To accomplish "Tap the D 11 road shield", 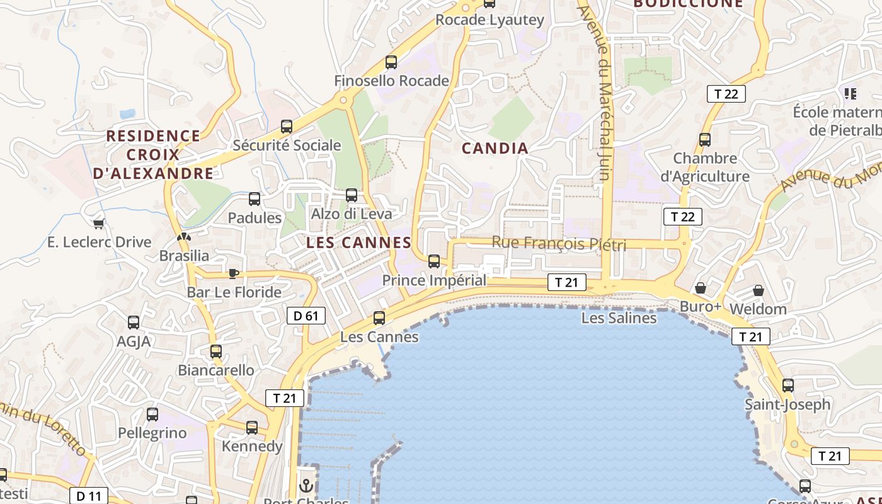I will (x=89, y=496).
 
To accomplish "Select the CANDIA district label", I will (x=495, y=148).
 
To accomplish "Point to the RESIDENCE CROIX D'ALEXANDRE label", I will (x=153, y=154).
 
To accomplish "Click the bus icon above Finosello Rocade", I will (x=391, y=62).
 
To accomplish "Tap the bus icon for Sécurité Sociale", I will (x=287, y=127).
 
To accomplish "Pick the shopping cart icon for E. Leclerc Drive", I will (x=98, y=224).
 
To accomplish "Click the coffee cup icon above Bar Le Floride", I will (x=234, y=273).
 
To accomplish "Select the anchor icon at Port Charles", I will (x=306, y=486).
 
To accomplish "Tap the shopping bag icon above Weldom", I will (x=759, y=290).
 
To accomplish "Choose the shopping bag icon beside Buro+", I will (x=700, y=289).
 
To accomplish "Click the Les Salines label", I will (x=619, y=318).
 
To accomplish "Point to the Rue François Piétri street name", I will (x=559, y=243).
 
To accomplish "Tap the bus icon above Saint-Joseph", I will (x=787, y=386).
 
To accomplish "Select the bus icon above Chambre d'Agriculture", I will (x=705, y=140).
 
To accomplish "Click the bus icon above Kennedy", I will (x=252, y=428).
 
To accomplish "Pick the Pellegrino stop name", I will (x=152, y=433).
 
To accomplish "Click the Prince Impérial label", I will (x=435, y=280).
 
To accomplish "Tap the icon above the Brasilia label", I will (x=183, y=238).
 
